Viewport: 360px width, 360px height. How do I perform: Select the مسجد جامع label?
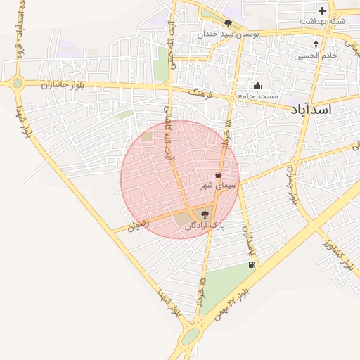point(257,96)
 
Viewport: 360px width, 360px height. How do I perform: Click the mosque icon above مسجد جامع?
point(257,86)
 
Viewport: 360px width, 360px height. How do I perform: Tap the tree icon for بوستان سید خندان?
point(228,23)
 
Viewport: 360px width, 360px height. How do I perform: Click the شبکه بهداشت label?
point(322,21)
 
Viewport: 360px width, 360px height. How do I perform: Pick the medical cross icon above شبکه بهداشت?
point(322,11)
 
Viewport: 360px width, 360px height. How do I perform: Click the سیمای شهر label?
point(219,185)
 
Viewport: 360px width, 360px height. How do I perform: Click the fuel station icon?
point(251,265)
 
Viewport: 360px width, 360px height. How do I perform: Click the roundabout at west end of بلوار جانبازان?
point(17,83)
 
